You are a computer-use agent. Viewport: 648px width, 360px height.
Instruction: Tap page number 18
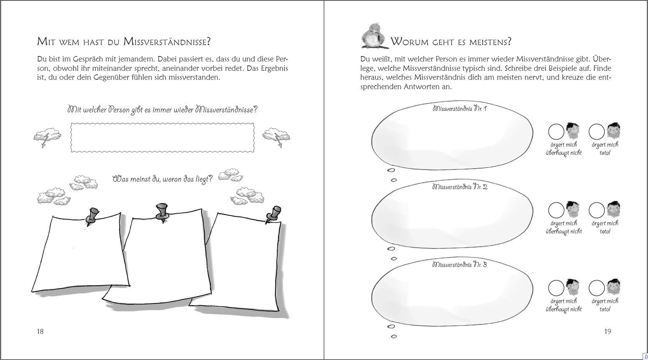tap(40, 331)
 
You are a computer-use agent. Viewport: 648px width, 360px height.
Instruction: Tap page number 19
tap(608, 331)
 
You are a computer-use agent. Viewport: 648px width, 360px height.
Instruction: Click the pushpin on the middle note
tap(162, 211)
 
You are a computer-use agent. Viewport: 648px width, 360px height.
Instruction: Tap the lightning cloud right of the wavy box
tap(276, 137)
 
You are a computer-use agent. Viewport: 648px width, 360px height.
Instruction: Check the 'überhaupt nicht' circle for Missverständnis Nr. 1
tap(556, 132)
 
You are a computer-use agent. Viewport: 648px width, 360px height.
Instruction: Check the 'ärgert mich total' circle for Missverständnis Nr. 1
tap(597, 132)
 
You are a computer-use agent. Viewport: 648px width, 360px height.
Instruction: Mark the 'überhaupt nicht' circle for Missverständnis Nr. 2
tap(556, 210)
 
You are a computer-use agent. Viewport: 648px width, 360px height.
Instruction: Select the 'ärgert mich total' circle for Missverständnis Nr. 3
tap(597, 288)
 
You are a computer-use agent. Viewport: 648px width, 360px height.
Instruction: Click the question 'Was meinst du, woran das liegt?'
tap(163, 179)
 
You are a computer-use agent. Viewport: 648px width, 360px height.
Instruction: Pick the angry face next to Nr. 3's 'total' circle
tap(613, 287)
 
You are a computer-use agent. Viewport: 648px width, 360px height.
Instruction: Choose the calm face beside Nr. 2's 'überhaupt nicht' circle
tap(572, 209)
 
